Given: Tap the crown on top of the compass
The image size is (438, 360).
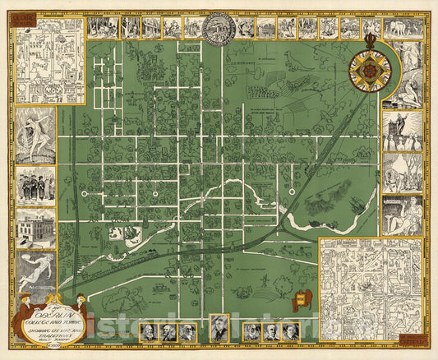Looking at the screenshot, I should [370, 39].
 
